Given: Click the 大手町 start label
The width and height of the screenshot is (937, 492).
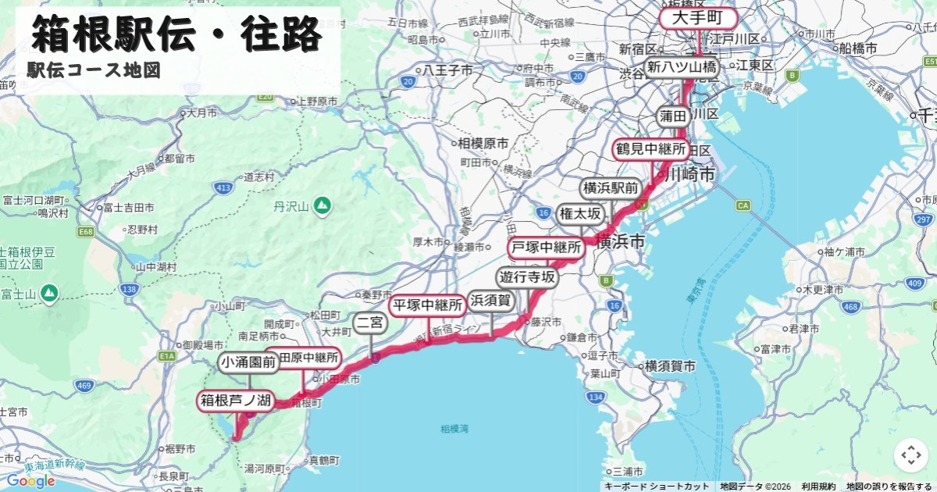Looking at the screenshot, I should pyautogui.click(x=698, y=18).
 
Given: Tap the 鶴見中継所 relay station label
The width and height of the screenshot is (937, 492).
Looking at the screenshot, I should pyautogui.click(x=650, y=148).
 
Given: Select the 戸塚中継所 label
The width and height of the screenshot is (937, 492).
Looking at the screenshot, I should pyautogui.click(x=547, y=248).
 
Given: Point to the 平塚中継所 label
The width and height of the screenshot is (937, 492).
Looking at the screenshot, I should pyautogui.click(x=428, y=305).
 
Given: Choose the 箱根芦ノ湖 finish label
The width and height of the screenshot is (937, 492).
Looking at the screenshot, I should pyautogui.click(x=235, y=401).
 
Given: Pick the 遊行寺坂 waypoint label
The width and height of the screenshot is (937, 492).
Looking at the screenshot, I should pyautogui.click(x=528, y=277).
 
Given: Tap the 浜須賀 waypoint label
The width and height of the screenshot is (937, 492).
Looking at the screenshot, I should pyautogui.click(x=490, y=301).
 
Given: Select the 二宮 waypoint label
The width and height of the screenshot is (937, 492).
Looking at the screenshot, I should pyautogui.click(x=369, y=323).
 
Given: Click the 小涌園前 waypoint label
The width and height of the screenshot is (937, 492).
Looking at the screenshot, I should pyautogui.click(x=248, y=362).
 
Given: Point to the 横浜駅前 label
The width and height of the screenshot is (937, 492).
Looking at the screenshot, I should pyautogui.click(x=611, y=188).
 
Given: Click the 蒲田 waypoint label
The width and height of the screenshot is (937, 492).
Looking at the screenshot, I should pyautogui.click(x=672, y=116).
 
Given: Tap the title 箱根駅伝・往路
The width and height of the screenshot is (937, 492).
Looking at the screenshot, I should pyautogui.click(x=176, y=34).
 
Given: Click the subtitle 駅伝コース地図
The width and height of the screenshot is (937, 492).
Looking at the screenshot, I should pyautogui.click(x=94, y=70).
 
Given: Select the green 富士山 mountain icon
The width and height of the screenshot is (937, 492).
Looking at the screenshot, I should pyautogui.click(x=49, y=293).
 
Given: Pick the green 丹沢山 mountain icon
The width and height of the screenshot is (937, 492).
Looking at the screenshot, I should pyautogui.click(x=322, y=205).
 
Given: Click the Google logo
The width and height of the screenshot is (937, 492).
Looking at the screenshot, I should pyautogui.click(x=31, y=481).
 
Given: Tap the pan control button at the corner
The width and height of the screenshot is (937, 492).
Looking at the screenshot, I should pyautogui.click(x=910, y=455).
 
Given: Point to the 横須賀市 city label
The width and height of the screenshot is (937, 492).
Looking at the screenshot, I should pyautogui.click(x=670, y=365).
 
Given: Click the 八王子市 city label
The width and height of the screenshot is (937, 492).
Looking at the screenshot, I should pyautogui.click(x=448, y=70).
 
